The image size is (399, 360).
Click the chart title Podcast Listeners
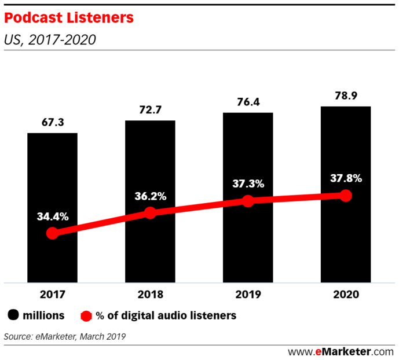tap(69, 19)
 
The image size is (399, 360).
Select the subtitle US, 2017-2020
tap(50, 40)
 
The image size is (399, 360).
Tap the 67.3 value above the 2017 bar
tap(52, 123)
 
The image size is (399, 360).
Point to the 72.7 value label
tap(150, 110)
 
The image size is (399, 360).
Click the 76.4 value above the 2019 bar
tap(248, 102)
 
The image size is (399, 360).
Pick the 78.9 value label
tap(346, 95)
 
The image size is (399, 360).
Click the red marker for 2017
tap(52, 233)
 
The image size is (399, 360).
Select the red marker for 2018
tap(150, 213)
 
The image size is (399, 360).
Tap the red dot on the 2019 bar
tap(248, 201)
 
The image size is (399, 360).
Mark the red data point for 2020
tap(346, 196)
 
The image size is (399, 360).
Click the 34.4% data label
tap(52, 217)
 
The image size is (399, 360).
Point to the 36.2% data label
tap(150, 196)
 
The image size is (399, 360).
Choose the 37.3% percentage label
tap(248, 184)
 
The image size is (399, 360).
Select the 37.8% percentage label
tap(346, 178)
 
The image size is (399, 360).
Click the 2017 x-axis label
tap(52, 294)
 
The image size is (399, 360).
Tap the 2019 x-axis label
tap(248, 294)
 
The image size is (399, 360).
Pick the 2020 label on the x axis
tap(346, 294)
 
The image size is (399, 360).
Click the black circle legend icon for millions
tap(13, 315)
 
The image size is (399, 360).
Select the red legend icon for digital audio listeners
tap(86, 316)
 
